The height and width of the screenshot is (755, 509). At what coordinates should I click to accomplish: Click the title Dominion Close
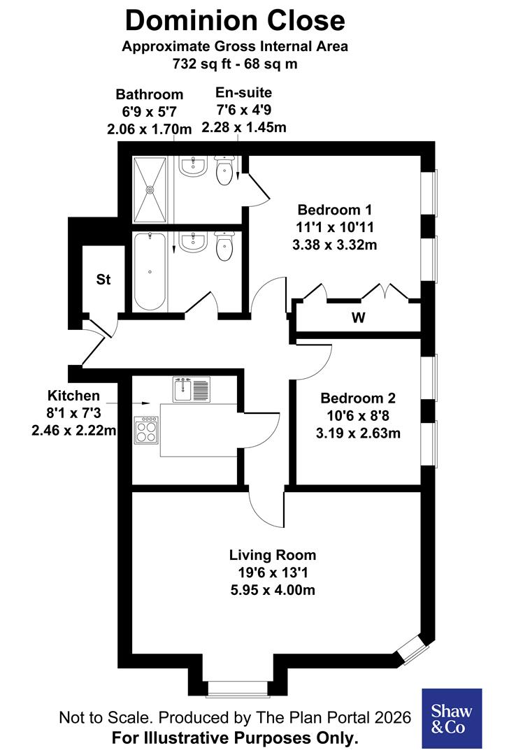[x=235, y=21]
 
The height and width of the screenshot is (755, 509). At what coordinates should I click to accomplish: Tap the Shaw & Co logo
[x=451, y=718]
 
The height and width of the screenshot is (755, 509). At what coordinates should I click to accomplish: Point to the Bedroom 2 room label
[x=358, y=398]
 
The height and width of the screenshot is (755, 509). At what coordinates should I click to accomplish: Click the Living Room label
[x=273, y=555]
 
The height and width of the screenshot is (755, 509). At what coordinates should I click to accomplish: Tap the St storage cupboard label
[x=103, y=280]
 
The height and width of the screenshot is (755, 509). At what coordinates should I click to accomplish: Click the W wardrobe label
[x=358, y=318]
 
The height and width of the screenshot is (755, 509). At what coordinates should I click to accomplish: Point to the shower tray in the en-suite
[x=150, y=187]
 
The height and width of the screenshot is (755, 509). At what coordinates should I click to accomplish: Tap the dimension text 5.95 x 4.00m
[x=273, y=590]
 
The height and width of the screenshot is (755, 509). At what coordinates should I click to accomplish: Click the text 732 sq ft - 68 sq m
[x=235, y=64]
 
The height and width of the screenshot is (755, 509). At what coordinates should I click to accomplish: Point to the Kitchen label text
[x=73, y=396]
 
